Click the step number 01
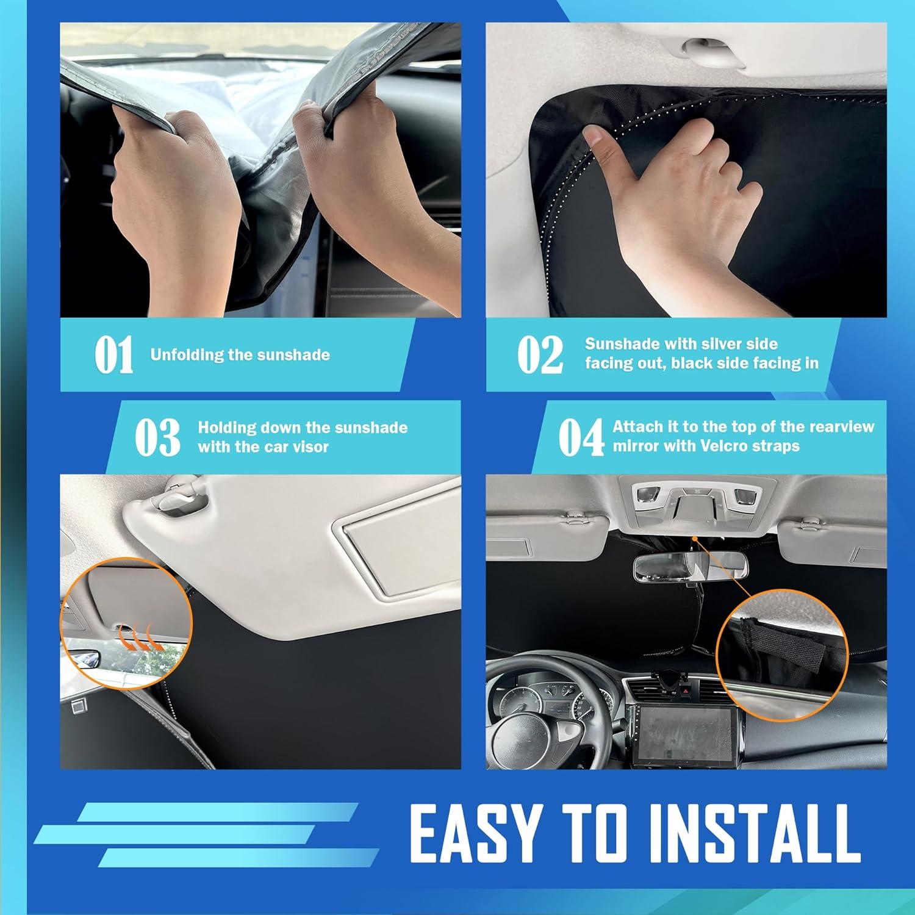click(x=113, y=355)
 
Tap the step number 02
click(x=540, y=355)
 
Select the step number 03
click(x=157, y=437)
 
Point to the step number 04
click(x=581, y=437)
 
